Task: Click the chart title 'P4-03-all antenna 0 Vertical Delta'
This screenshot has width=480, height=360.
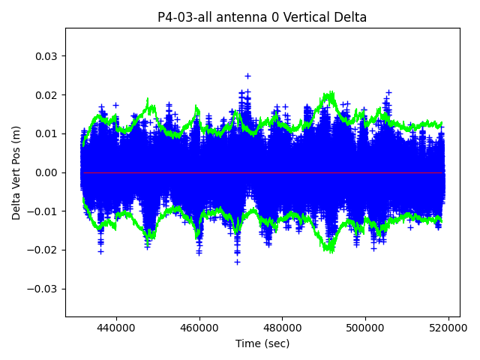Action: click(262, 17)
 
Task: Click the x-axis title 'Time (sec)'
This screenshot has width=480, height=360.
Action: click(262, 343)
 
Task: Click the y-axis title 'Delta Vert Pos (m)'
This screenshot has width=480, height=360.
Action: click(16, 172)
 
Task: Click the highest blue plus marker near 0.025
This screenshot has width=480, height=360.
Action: click(247, 76)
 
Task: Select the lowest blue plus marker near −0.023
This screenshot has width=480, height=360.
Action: click(237, 262)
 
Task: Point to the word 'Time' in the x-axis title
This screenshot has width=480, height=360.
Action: click(248, 343)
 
